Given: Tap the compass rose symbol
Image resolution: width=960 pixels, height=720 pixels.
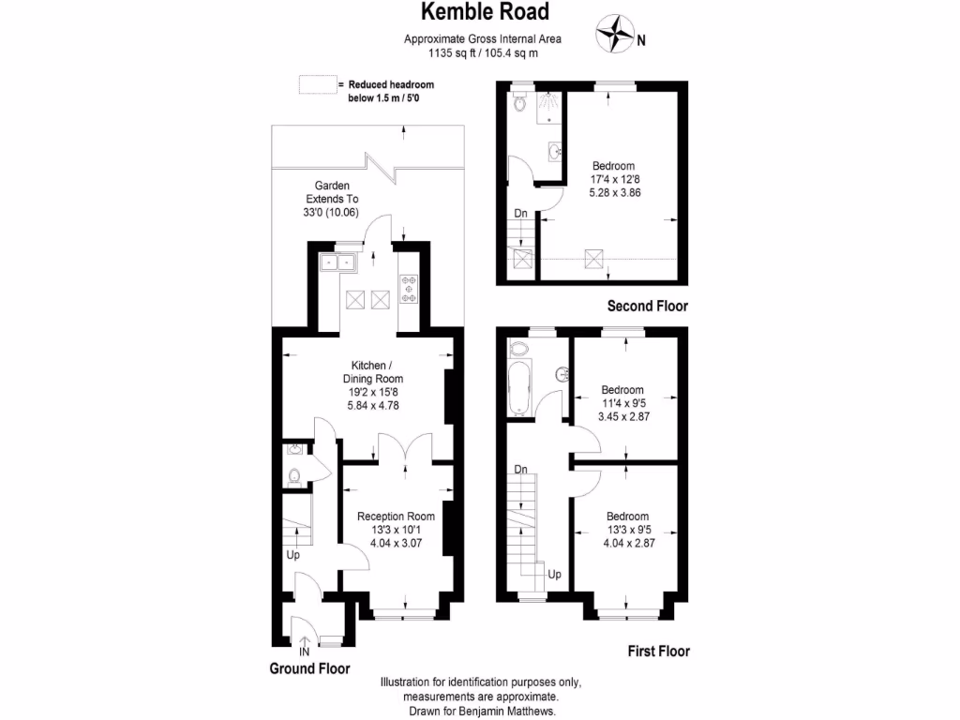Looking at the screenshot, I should pos(615,34).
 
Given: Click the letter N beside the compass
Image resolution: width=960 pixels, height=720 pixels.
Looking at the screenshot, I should pos(641,40).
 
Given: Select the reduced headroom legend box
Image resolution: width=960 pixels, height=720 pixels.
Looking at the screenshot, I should pos(316,85).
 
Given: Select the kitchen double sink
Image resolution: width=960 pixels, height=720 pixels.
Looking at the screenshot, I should pos(337,262).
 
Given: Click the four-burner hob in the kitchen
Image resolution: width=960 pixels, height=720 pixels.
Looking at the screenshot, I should pos(409,288).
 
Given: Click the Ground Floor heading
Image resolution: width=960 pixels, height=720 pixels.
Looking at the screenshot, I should pos(309,668).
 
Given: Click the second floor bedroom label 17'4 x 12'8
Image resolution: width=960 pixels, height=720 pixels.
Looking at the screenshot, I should pos(613,179).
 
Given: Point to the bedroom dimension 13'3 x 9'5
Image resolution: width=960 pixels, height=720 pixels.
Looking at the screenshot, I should pos(626,530).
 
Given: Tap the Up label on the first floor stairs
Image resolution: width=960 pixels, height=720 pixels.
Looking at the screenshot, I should pos(554,574).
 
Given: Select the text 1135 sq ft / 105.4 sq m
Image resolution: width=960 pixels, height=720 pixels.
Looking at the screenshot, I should pos(482,52).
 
